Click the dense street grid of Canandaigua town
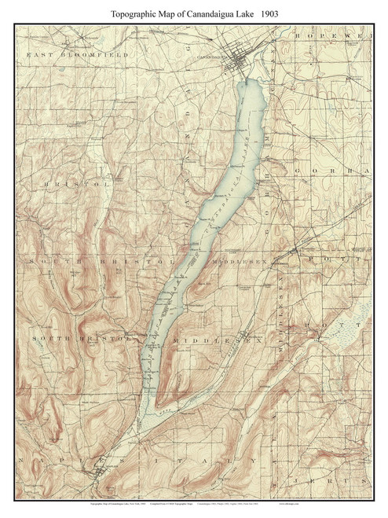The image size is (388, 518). coord(240,64)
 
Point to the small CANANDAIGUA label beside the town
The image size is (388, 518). coord(207,57)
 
